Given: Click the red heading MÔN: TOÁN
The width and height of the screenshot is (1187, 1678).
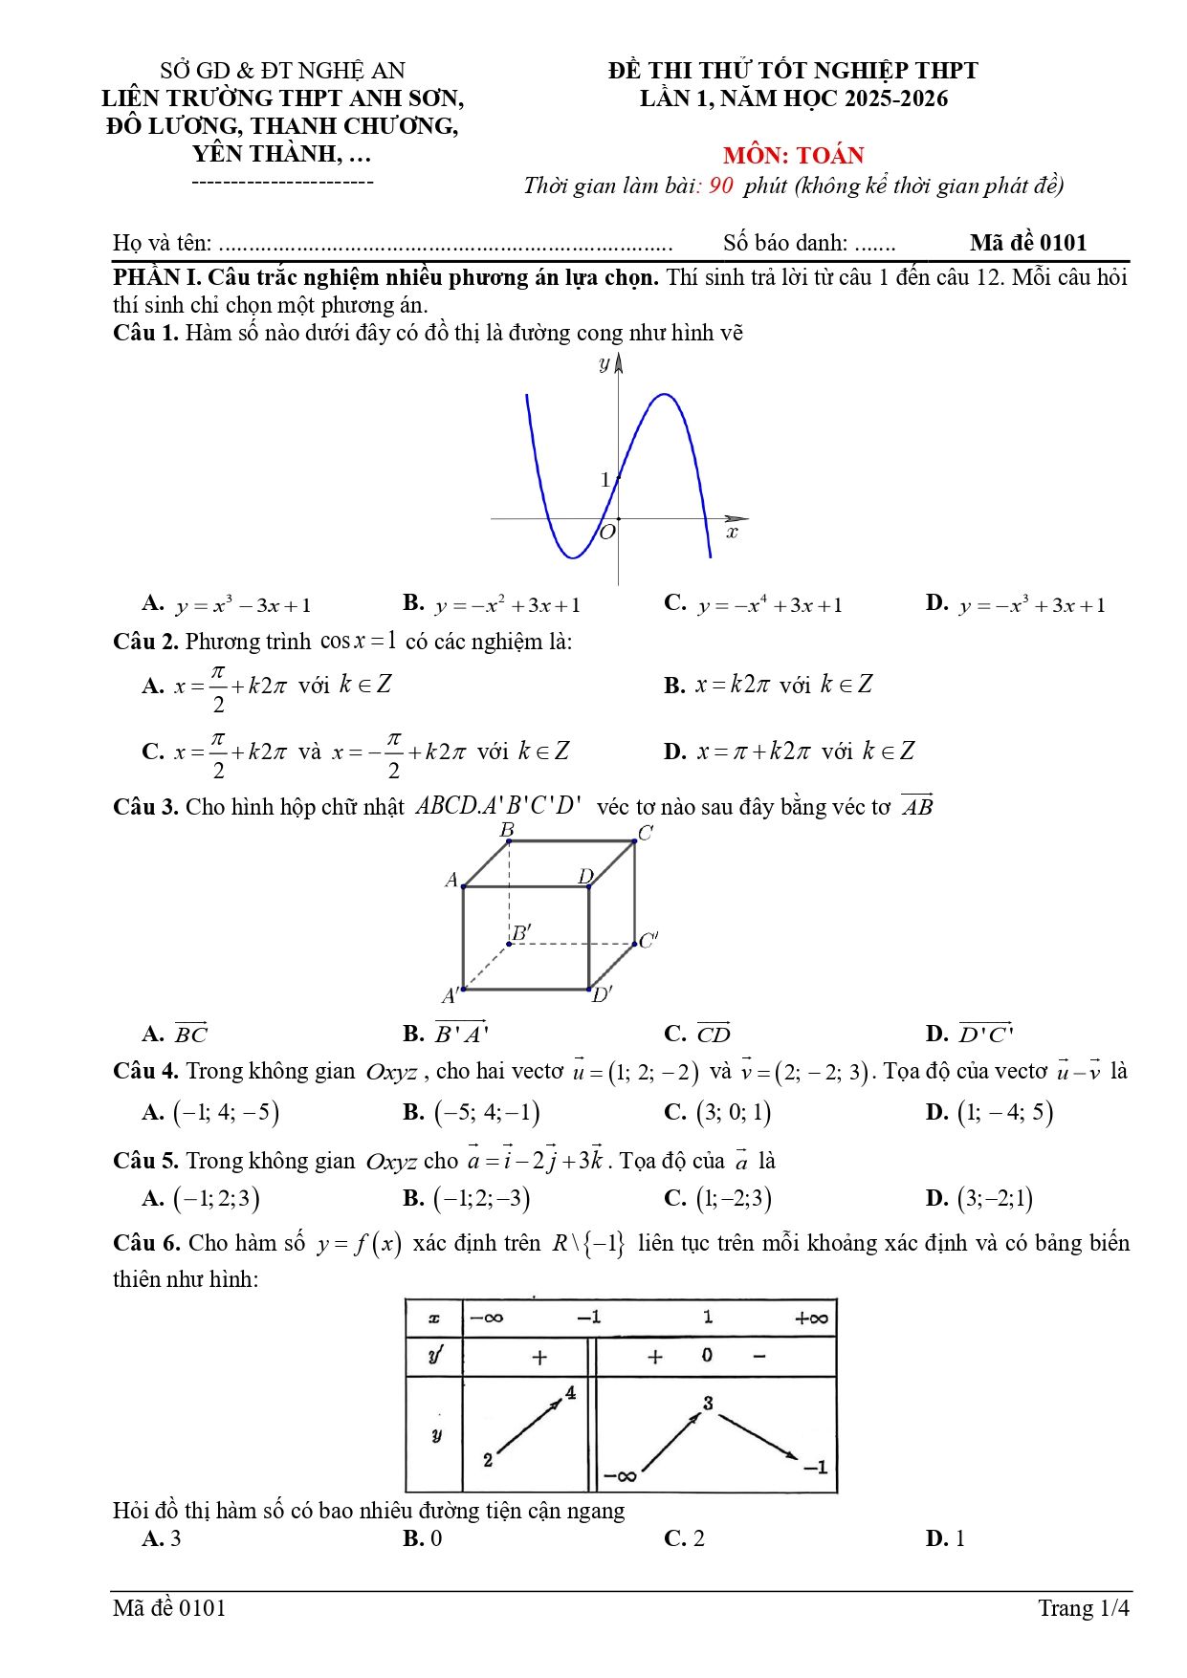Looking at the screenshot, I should coord(793,156).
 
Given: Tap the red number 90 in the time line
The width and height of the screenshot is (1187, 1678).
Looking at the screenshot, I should coord(721,185).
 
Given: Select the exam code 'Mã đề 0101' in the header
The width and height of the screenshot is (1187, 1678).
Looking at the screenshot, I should coord(1027,243).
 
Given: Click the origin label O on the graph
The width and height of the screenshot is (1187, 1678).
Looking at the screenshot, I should coord(606,533).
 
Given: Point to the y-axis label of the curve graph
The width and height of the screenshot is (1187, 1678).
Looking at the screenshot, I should coord(604,363).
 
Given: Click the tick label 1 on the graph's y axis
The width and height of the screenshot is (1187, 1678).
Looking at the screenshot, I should coord(604,479).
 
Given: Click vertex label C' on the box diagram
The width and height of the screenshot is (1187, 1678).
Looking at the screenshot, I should coord(648,940).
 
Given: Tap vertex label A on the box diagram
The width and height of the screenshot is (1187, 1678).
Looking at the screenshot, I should coord(451,880).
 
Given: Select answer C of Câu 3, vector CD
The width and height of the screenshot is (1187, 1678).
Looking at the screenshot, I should coord(713,1035).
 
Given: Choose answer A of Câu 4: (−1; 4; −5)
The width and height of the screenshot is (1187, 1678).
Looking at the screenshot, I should coord(226,1112).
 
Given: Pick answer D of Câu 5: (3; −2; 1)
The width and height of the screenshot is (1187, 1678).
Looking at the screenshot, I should coord(995,1198).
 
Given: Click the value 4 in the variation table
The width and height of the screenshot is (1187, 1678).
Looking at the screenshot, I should coord(570,1393).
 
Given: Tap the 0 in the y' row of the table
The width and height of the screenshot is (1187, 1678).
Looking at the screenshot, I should coord(707,1355).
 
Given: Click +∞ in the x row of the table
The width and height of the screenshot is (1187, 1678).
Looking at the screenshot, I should coord(811,1318).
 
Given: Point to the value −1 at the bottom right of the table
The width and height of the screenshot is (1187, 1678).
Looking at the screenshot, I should coord(815,1467).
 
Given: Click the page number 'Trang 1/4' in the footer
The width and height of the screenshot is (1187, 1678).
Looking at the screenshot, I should coord(1083,1608).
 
